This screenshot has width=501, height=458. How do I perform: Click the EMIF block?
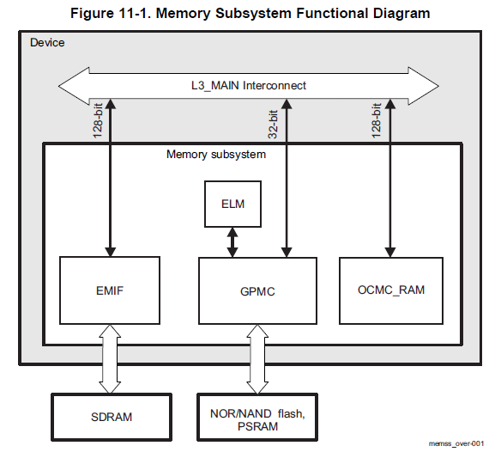[111, 290]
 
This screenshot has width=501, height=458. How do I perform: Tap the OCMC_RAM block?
[390, 290]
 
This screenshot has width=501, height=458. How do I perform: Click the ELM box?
[231, 205]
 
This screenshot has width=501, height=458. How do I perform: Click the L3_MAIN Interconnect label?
[248, 85]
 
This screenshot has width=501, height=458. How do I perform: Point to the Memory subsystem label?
[215, 155]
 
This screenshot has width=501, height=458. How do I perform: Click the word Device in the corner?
[47, 42]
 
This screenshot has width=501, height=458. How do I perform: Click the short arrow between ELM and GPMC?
[232, 242]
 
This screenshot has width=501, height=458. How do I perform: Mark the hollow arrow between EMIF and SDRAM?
[110, 358]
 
